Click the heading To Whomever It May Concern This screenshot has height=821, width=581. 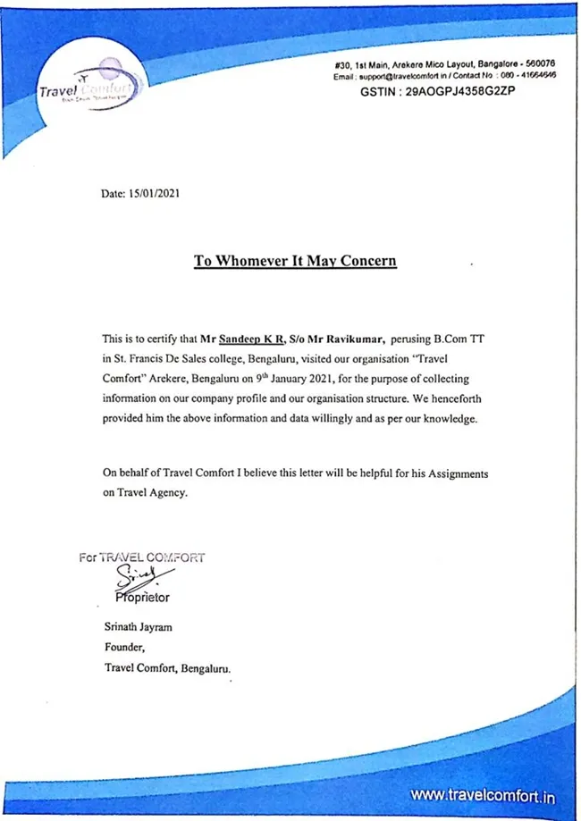click(295, 262)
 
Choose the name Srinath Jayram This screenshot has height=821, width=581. click(139, 627)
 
